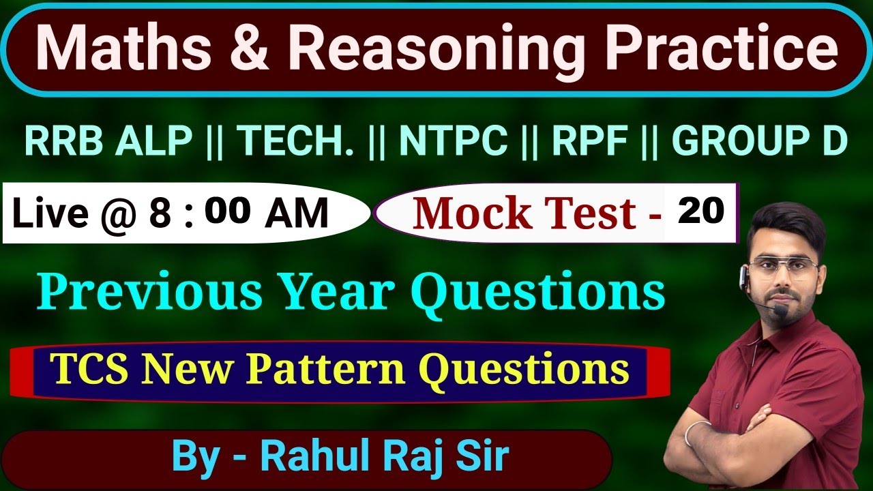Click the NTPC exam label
click(x=453, y=141)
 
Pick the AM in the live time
click(x=297, y=213)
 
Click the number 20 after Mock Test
click(x=700, y=212)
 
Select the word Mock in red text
click(x=464, y=213)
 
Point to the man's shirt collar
click(x=791, y=331)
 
